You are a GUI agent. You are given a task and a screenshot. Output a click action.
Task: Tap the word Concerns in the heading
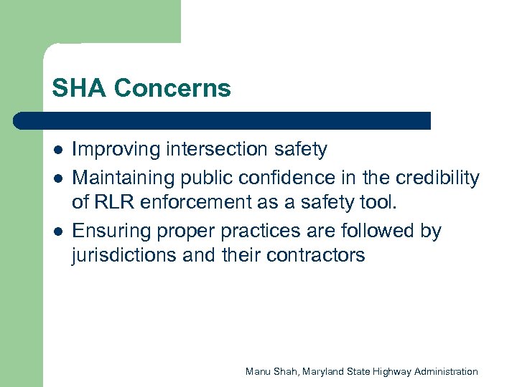coord(172,89)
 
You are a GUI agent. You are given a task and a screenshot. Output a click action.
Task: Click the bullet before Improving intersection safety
coord(57,150)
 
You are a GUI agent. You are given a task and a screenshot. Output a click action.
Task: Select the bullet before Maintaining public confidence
coord(57,178)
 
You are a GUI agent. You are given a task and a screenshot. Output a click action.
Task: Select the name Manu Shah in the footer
coord(271,371)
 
